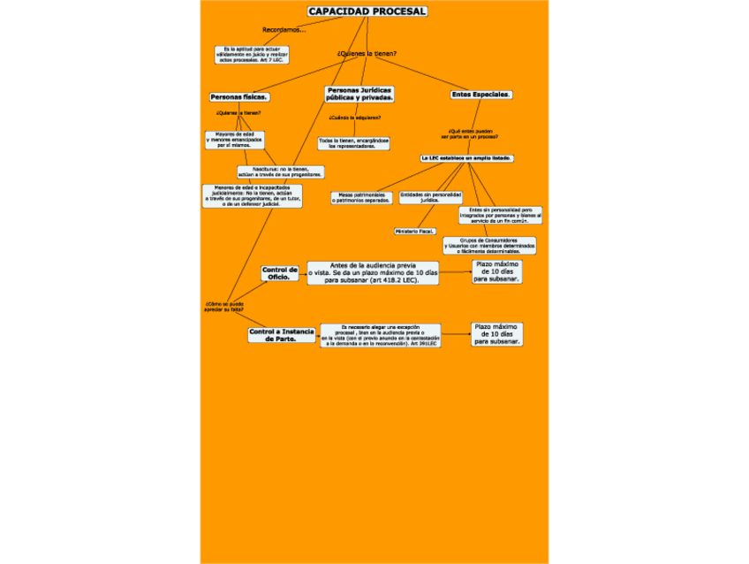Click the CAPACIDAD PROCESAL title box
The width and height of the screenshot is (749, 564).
tap(367, 11)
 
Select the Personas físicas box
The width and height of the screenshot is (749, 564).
tap(239, 96)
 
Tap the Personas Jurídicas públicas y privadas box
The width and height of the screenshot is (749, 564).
tap(359, 94)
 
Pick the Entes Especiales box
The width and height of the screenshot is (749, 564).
tap(481, 94)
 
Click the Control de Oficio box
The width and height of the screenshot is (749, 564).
tap(280, 273)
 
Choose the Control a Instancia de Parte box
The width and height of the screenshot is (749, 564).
tap(282, 334)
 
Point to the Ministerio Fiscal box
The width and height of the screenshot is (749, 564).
tap(414, 231)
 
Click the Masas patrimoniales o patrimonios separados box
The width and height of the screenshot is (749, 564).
tap(361, 197)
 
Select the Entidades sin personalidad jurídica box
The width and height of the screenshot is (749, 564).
tap(430, 197)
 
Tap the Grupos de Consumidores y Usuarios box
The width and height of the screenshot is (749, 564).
tap(489, 245)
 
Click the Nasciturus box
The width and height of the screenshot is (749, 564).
tap(280, 171)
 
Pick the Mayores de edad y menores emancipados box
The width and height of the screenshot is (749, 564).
tap(234, 140)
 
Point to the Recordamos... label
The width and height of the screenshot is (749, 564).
tap(284, 30)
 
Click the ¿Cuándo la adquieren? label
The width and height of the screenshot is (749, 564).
tap(354, 118)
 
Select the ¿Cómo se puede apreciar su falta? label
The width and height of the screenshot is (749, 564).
tap(223, 307)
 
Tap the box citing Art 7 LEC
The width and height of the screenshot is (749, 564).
tap(251, 54)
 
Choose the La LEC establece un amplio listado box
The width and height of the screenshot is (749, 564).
tap(467, 157)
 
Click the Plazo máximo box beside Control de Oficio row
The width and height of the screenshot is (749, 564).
tap(497, 271)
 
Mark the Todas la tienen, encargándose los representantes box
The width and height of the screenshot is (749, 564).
tap(353, 142)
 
